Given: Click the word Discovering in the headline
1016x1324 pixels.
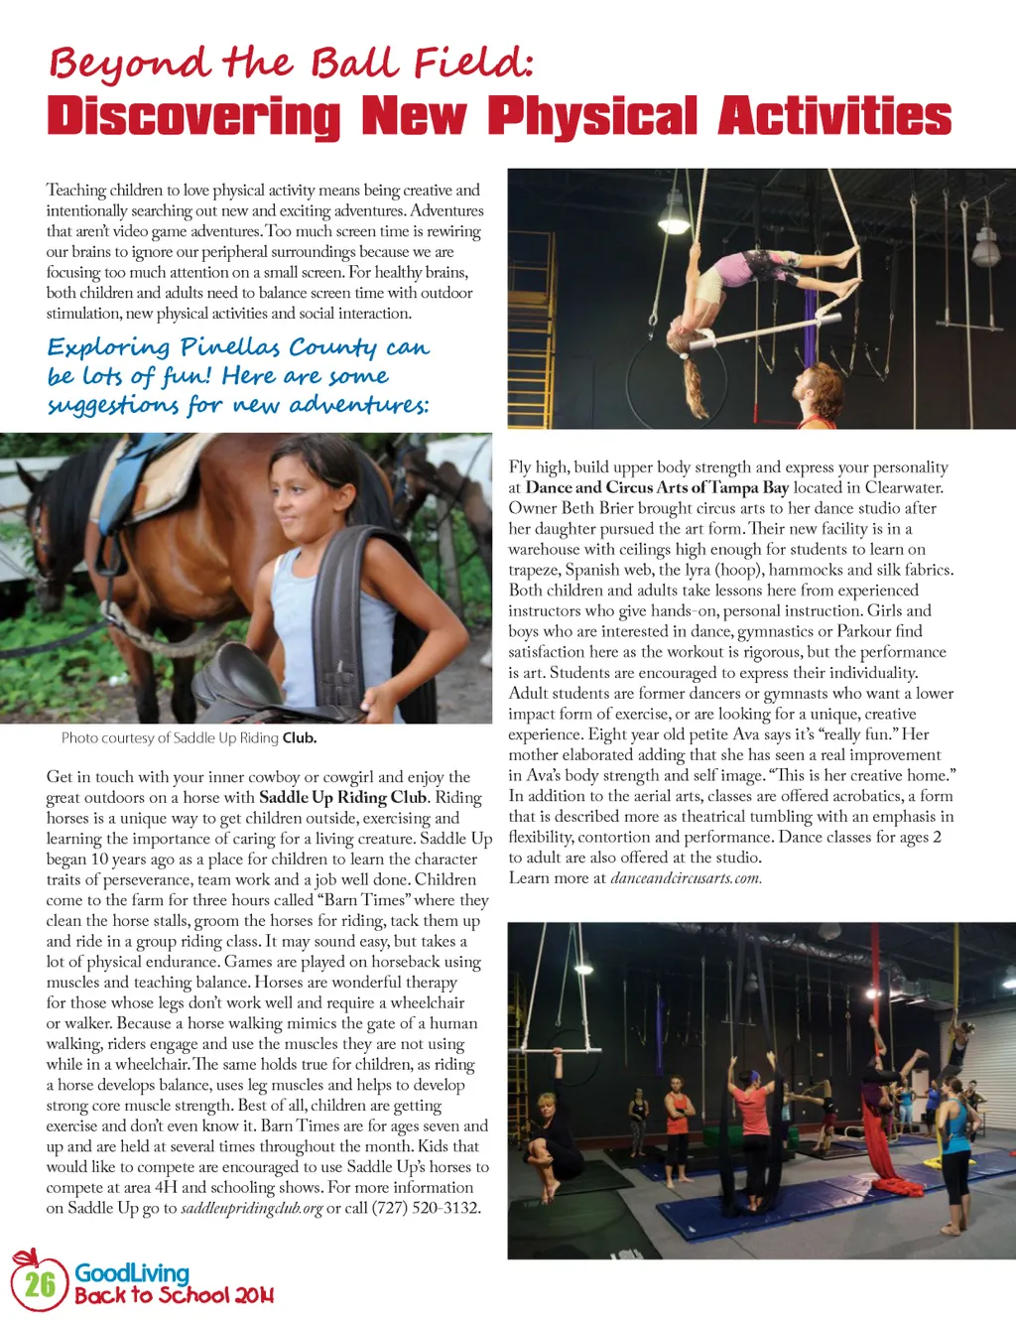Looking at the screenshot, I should (193, 117).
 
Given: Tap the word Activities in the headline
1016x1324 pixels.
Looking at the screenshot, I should (834, 117).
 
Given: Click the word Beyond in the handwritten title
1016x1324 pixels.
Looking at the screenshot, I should (129, 65).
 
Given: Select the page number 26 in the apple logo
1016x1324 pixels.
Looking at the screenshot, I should (40, 1284).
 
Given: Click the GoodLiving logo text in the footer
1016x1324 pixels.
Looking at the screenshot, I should (132, 1272).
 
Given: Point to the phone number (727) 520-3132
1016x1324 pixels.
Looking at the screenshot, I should (427, 1208).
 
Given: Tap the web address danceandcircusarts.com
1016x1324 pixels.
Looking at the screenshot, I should (686, 878).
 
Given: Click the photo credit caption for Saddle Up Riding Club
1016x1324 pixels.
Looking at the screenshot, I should (189, 737).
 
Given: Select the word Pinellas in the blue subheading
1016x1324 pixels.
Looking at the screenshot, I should (229, 347).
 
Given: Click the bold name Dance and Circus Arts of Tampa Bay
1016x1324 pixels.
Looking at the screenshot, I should (657, 487).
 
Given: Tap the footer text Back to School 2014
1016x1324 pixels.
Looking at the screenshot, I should (174, 1295).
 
